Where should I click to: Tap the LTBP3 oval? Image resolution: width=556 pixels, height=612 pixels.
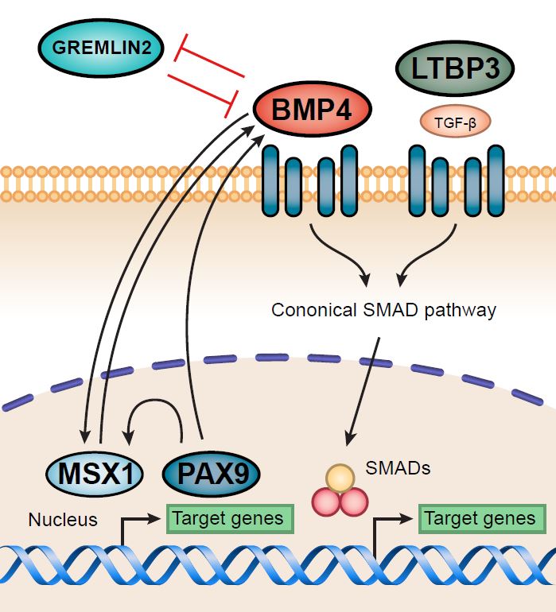[454, 68]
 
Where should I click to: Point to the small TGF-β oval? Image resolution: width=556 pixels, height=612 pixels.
[455, 122]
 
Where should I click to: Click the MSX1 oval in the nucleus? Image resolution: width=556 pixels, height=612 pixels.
[97, 474]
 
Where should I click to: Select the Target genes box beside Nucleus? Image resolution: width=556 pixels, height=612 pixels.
[228, 518]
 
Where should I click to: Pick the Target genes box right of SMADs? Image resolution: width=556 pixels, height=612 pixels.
[480, 518]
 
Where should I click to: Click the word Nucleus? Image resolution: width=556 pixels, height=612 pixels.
[63, 520]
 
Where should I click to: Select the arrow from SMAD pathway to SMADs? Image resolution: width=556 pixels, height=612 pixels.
[364, 389]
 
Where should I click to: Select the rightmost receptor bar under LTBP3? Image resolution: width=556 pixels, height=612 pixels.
[496, 180]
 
